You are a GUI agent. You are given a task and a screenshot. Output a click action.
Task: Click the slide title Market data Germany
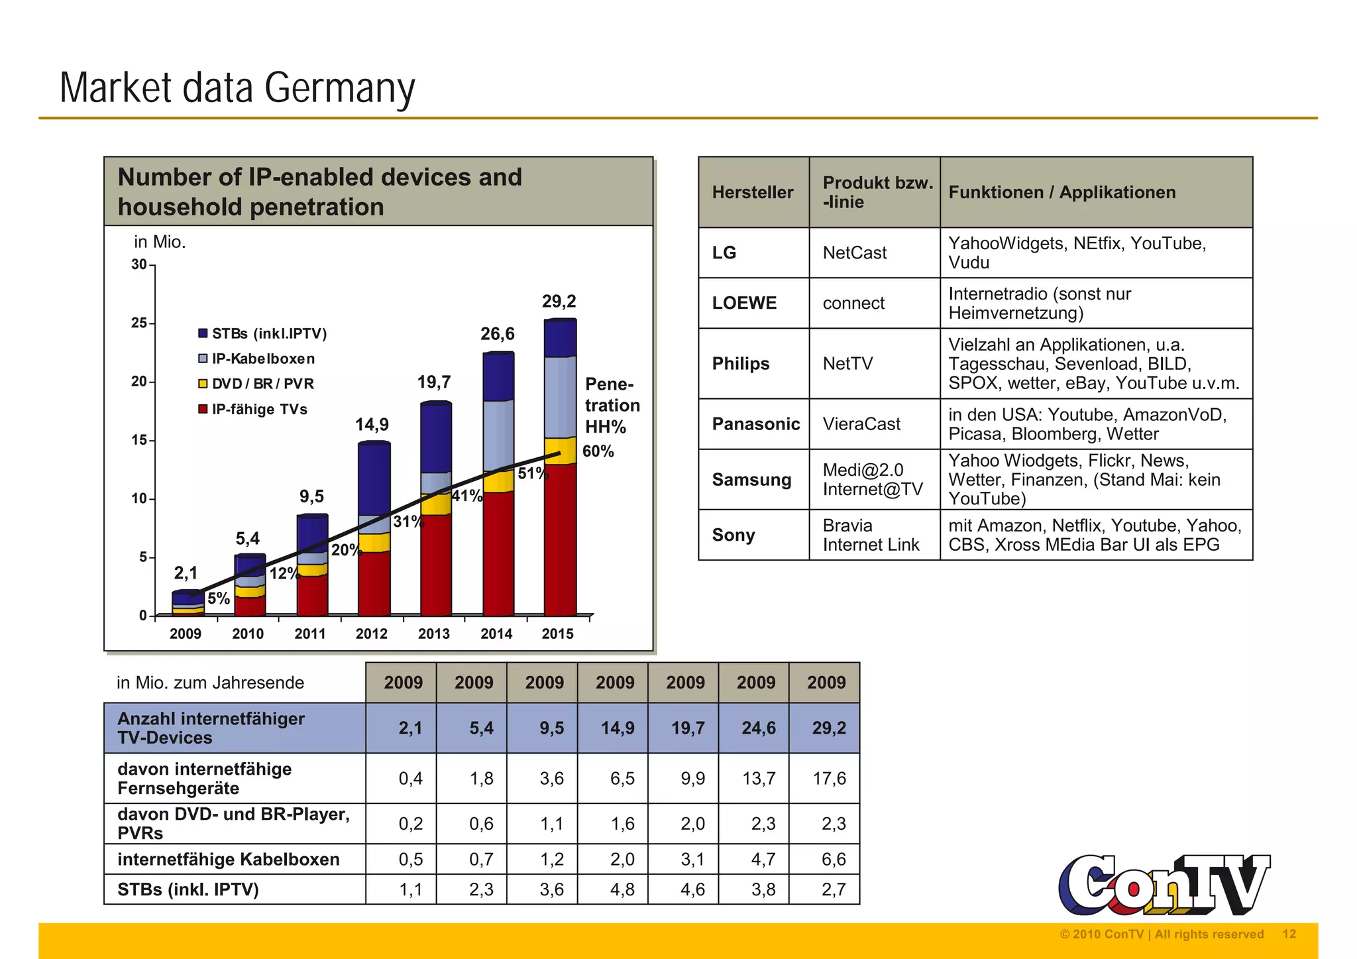pos(237,88)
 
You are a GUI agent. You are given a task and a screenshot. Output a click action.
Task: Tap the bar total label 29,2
pos(559,302)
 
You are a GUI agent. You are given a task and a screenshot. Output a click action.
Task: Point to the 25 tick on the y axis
pos(140,323)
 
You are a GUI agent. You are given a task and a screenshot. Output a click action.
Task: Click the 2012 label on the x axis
pos(371,634)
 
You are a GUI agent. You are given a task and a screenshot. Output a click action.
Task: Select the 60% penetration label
pos(598,451)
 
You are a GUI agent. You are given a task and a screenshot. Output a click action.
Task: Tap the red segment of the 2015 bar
pos(560,540)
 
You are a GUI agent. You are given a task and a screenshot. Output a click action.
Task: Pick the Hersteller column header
pos(753,192)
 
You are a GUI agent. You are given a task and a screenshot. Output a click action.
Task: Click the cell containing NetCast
pos(854,253)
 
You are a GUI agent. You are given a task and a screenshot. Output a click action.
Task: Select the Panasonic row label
pos(755,423)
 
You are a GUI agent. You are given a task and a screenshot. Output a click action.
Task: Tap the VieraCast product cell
pos(861,423)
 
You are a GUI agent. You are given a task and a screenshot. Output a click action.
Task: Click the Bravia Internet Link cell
pos(870,535)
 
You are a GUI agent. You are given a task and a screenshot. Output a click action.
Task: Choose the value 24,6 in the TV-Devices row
pos(758,728)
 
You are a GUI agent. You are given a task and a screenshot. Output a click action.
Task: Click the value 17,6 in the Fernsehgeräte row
pos(829,778)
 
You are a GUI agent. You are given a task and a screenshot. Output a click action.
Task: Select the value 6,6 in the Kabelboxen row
pos(833,859)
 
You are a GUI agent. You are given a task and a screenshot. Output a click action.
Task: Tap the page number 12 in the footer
pos(1289,934)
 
